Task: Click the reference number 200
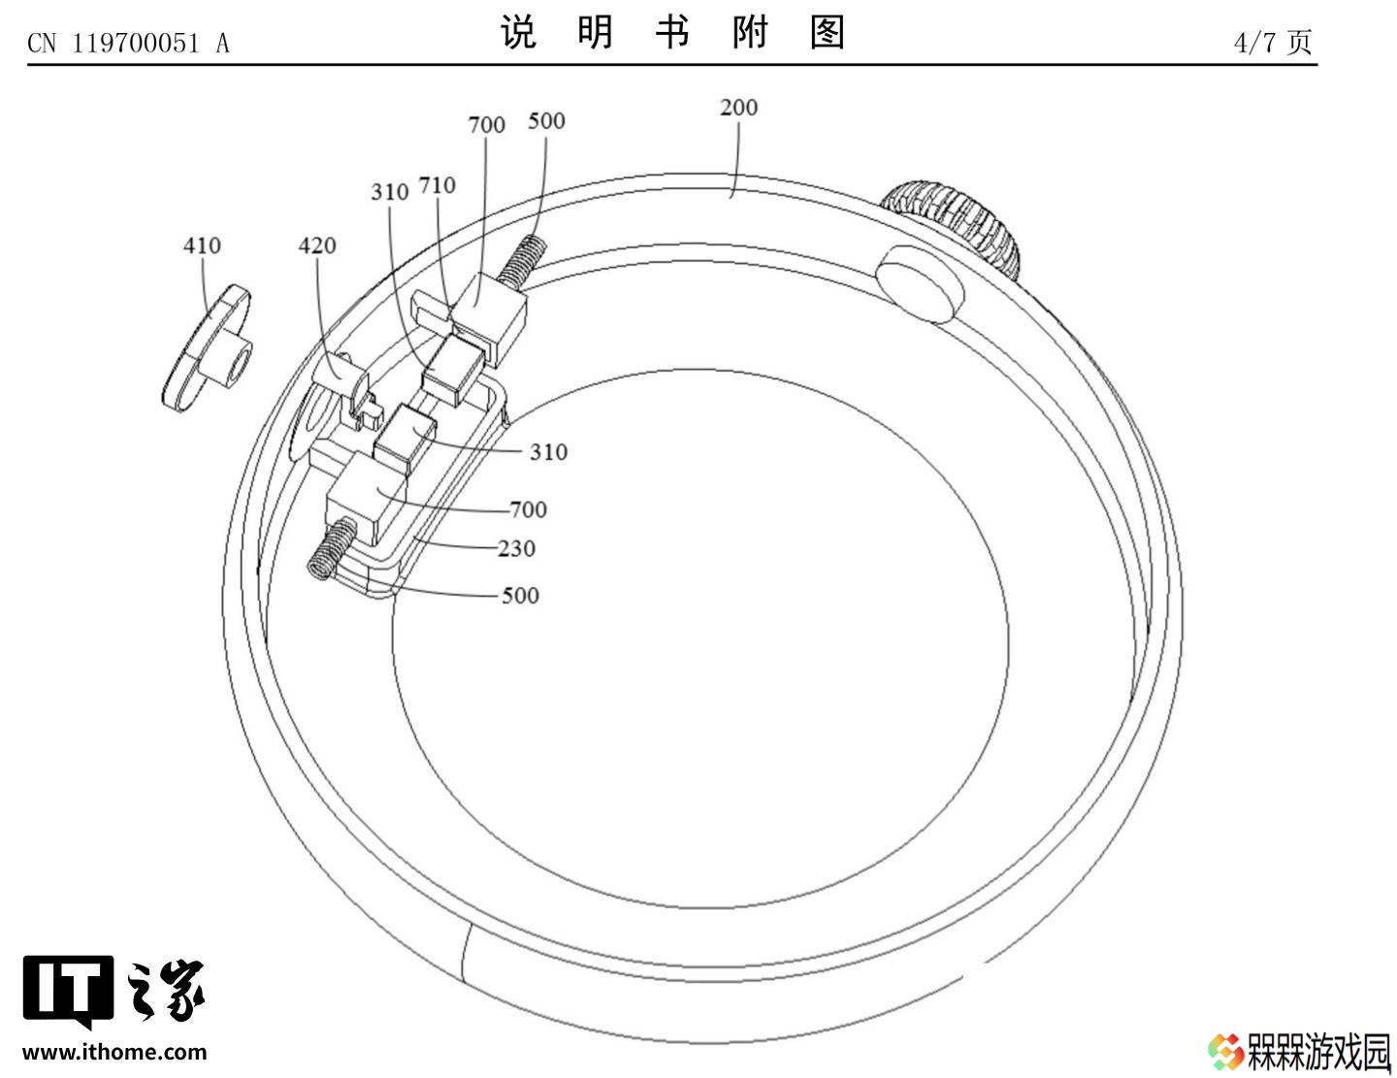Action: (738, 108)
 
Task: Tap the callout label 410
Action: (202, 245)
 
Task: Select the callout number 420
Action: (317, 245)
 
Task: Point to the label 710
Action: (438, 185)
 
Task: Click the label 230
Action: (517, 549)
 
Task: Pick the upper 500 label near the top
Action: (546, 121)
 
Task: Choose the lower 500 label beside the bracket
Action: (520, 596)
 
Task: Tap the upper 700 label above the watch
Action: (487, 125)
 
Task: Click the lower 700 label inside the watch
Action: (529, 510)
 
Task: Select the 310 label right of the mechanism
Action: (548, 452)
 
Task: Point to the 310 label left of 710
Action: (390, 192)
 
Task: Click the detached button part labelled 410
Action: (207, 347)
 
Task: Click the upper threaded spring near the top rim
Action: (523, 261)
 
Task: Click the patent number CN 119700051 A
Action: (129, 44)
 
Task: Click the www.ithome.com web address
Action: (114, 1053)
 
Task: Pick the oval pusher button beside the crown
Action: (921, 283)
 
